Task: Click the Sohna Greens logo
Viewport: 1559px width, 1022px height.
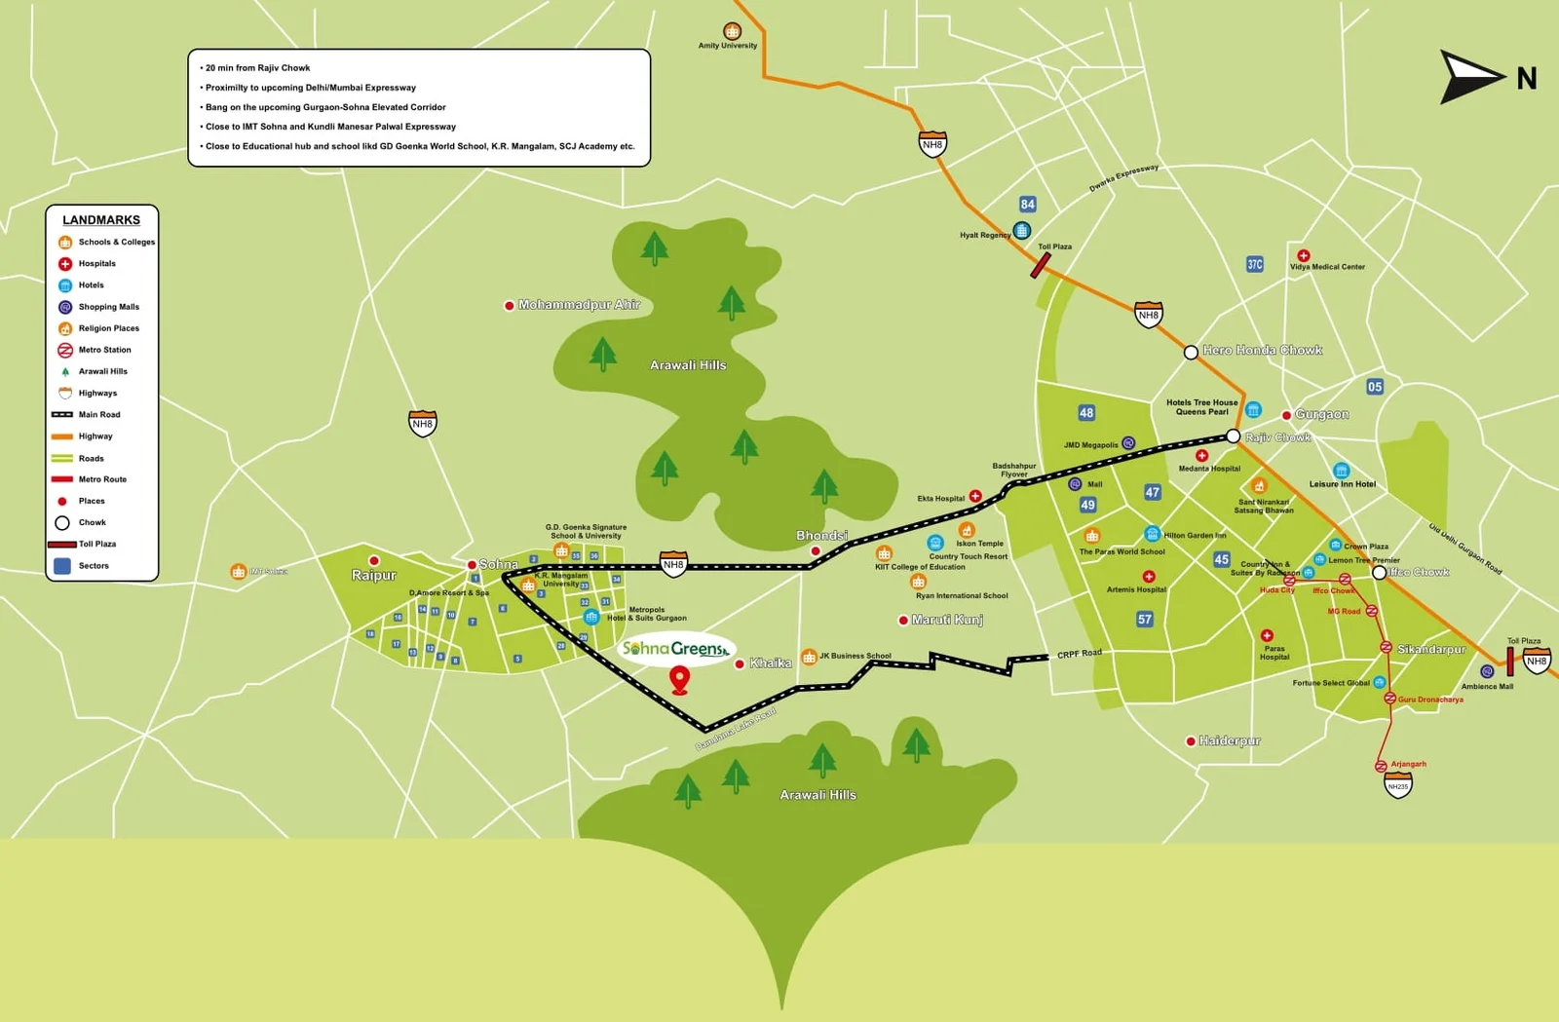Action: tap(676, 649)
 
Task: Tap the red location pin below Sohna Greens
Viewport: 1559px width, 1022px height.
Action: tap(680, 679)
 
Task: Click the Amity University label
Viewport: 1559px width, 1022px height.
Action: tap(728, 46)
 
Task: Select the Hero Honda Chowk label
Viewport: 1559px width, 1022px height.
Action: tap(1262, 350)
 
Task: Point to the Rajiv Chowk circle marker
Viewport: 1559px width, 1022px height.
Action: tap(1233, 436)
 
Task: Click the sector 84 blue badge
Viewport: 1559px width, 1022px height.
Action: tap(1027, 205)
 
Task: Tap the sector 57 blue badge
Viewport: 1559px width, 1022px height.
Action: tap(1144, 619)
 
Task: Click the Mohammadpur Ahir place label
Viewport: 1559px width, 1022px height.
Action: tap(579, 305)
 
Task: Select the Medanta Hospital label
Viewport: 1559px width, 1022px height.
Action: tap(1209, 469)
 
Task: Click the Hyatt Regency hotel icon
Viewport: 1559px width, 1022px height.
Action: tap(1021, 231)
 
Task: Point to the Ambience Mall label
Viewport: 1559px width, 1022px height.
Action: tap(1487, 686)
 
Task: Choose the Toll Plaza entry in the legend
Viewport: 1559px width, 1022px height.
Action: tap(97, 544)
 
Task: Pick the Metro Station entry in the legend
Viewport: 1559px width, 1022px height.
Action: tap(104, 350)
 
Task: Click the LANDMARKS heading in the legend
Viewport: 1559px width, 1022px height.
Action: tap(101, 220)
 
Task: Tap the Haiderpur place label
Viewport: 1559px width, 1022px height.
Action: tap(1229, 740)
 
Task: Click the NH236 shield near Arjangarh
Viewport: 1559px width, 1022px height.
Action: tap(1398, 785)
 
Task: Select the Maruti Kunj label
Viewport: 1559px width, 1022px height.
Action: tap(946, 620)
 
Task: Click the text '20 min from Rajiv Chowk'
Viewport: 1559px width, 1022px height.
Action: tap(257, 68)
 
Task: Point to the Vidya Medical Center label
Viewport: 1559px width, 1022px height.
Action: tap(1327, 267)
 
